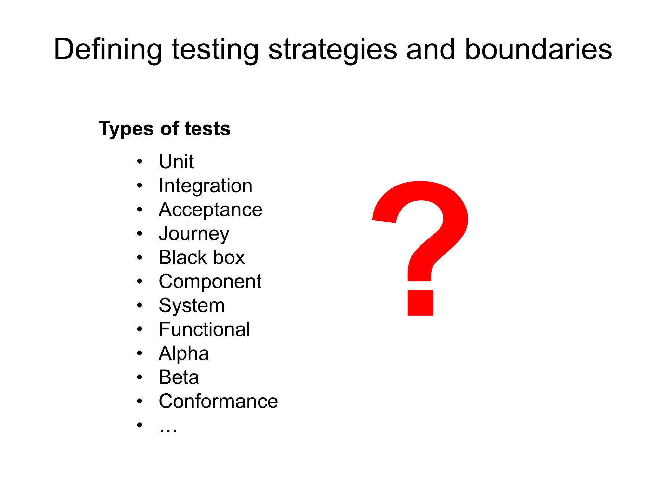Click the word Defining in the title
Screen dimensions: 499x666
(x=108, y=49)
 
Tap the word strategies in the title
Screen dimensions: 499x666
(x=332, y=49)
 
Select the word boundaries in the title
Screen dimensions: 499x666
(x=538, y=49)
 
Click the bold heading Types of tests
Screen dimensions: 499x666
(x=165, y=129)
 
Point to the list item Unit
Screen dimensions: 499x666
(x=176, y=161)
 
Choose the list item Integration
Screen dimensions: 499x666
(x=206, y=186)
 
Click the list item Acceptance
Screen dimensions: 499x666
(x=210, y=210)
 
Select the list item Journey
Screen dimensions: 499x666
(x=194, y=234)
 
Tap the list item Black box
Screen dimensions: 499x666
(x=202, y=258)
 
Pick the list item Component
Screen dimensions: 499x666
(x=210, y=281)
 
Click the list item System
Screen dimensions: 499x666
(x=192, y=305)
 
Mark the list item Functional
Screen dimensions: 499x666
(x=205, y=329)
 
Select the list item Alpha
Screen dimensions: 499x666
(x=184, y=353)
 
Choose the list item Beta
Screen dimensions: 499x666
(x=179, y=377)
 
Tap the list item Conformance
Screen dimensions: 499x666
(x=218, y=401)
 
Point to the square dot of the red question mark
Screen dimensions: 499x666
(x=420, y=303)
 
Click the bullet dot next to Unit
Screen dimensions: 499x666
(x=140, y=162)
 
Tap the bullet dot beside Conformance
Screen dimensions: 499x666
(x=140, y=402)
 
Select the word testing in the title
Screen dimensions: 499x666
(x=215, y=49)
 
